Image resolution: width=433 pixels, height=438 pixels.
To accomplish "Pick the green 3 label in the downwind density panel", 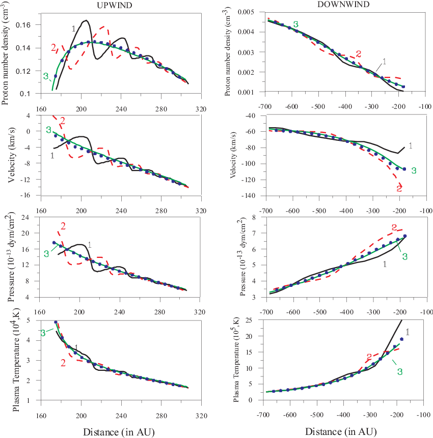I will tap(295, 23).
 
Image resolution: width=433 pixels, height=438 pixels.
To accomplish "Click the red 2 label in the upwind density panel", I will tap(53, 48).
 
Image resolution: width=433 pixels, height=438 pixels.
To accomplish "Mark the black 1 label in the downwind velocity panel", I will tap(411, 145).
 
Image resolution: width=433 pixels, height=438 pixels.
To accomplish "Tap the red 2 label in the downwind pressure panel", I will tap(393, 227).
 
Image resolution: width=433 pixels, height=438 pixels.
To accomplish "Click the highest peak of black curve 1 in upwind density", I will tap(86, 20).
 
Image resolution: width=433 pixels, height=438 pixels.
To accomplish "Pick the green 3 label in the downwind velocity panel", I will tap(414, 170).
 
